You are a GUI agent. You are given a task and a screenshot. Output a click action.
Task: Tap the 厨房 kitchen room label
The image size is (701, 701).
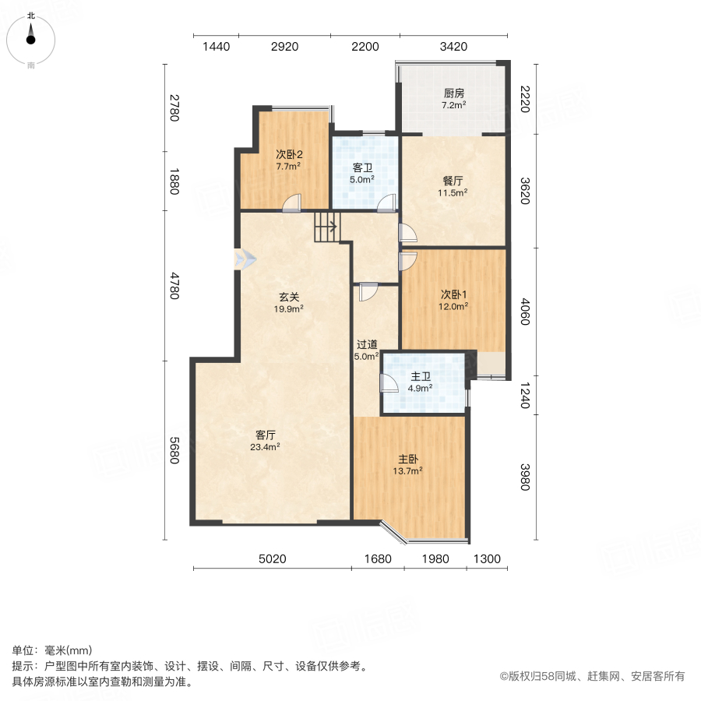[x=453, y=98]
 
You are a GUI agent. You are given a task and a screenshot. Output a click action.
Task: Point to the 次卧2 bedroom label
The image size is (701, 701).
[x=288, y=160]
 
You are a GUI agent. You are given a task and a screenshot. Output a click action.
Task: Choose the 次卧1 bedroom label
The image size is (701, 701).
[x=454, y=300]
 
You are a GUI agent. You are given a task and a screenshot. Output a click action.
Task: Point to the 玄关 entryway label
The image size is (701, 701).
[x=289, y=301]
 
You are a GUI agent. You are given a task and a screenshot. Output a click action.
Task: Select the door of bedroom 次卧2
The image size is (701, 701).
[x=291, y=203]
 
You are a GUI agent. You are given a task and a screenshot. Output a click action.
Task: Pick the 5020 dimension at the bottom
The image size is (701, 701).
[x=272, y=558]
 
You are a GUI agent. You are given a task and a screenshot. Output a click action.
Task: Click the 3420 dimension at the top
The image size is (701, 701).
[x=453, y=47]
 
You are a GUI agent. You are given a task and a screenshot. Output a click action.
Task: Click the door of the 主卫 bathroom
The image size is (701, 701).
[x=387, y=383]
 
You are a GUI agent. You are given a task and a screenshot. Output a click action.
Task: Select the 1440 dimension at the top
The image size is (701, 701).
[x=217, y=47]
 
